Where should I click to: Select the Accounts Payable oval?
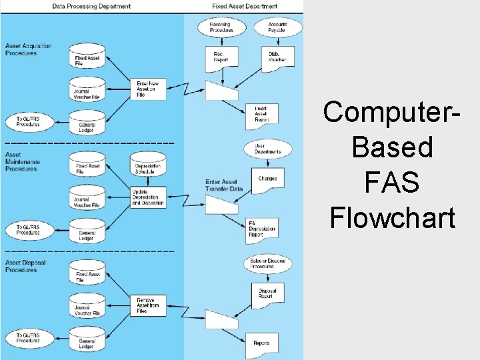(277, 27)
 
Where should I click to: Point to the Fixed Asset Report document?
(261, 114)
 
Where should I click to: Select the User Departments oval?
(268, 149)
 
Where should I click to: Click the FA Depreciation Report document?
(261, 228)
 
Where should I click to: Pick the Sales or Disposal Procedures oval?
(268, 263)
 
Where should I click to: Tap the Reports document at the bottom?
(261, 343)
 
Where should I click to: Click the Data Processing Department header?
(92, 6)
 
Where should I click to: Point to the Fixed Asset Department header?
(244, 6)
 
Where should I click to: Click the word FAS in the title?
(392, 183)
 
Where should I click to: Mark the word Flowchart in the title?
(392, 218)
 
